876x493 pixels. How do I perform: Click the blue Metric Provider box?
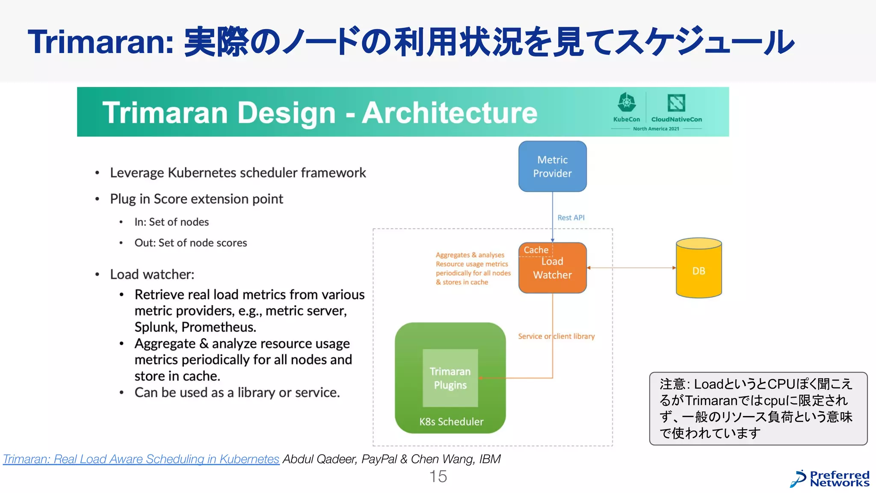pyautogui.click(x=552, y=166)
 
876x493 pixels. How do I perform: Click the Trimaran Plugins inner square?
pyautogui.click(x=450, y=378)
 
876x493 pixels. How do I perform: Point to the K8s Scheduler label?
pyautogui.click(x=451, y=422)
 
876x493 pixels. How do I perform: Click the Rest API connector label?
pyautogui.click(x=571, y=217)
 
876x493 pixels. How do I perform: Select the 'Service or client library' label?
pyautogui.click(x=556, y=336)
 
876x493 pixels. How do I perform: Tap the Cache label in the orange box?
pyautogui.click(x=536, y=250)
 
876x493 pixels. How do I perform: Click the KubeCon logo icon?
pyautogui.click(x=627, y=103)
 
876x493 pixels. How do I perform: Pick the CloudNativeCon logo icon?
pyautogui.click(x=676, y=103)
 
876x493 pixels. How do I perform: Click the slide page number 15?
pyautogui.click(x=438, y=476)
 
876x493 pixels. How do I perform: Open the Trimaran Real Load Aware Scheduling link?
pyautogui.click(x=141, y=459)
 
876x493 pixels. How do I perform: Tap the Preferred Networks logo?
pyautogui.click(x=830, y=479)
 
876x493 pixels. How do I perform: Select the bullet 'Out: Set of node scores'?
pyautogui.click(x=191, y=243)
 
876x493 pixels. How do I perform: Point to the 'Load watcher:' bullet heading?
pyautogui.click(x=152, y=274)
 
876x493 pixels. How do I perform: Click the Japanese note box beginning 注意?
pyautogui.click(x=758, y=408)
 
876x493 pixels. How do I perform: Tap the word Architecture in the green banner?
pyautogui.click(x=450, y=113)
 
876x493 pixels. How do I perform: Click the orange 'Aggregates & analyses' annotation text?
pyautogui.click(x=472, y=268)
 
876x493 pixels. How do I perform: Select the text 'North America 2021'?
pyautogui.click(x=656, y=129)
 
